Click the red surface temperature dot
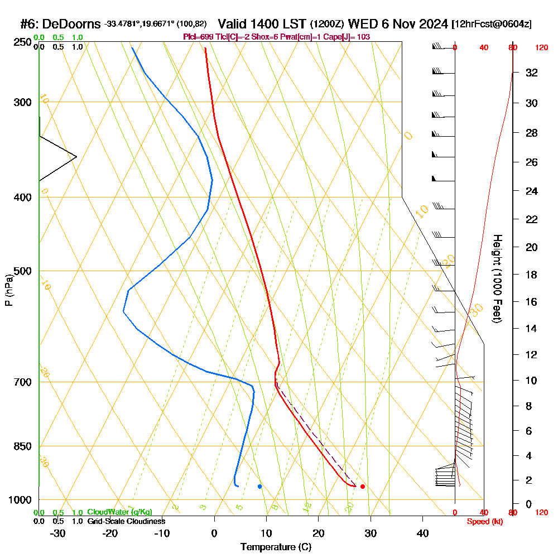(363, 487)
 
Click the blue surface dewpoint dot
(259, 487)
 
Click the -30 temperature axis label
(57, 533)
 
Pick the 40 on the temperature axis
(422, 533)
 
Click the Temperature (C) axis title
(276, 547)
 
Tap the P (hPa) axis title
(8, 290)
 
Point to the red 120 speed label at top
(541, 47)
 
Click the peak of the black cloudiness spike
(76, 157)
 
